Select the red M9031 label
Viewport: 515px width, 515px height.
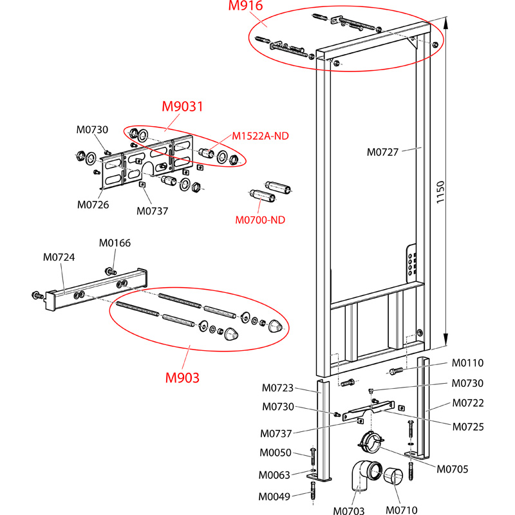tap(182, 107)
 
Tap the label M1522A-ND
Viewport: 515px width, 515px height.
tap(261, 136)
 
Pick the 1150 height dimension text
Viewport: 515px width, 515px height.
tap(440, 192)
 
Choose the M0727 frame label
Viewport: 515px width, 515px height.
tap(383, 153)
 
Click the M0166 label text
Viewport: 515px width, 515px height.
tap(115, 243)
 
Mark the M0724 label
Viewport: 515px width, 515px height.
tap(59, 257)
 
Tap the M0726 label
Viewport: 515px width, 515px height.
tap(93, 205)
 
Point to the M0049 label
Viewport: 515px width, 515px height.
tap(275, 496)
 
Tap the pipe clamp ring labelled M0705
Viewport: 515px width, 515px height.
tap(370, 444)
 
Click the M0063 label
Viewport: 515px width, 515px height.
tap(275, 475)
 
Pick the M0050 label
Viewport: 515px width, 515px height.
tap(275, 454)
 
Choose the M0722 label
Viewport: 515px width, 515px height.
tap(468, 403)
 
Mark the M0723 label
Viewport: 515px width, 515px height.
tap(277, 388)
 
